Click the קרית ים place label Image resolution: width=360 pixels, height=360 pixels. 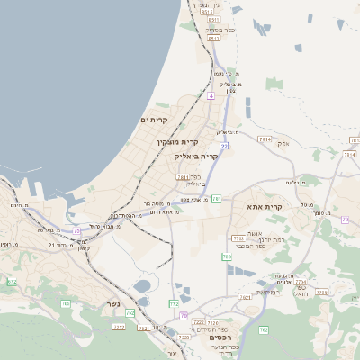click(155, 120)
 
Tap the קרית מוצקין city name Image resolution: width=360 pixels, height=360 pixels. click(176, 142)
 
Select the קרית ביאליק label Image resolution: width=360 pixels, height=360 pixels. click(196, 156)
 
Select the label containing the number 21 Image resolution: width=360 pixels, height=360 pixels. click(51, 244)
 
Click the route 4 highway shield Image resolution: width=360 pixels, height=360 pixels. click(211, 94)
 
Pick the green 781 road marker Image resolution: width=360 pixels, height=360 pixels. click(217, 199)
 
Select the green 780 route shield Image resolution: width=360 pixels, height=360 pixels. click(227, 256)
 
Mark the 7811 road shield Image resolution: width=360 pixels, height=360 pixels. click(184, 177)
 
